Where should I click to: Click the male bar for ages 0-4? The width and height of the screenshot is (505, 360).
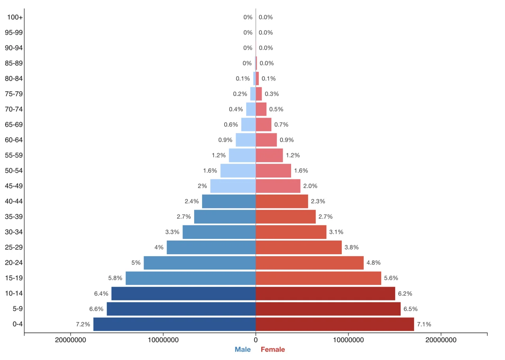(174, 324)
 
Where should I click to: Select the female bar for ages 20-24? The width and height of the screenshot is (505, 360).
(310, 263)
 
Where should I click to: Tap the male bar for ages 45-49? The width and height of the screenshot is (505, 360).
(233, 186)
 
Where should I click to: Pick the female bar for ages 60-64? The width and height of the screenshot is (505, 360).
(266, 140)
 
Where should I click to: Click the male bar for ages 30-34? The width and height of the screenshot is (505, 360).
(219, 232)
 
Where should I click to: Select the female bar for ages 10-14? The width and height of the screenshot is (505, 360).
(325, 294)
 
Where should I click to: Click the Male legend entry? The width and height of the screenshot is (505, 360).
(243, 349)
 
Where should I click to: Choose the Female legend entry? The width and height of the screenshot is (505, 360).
(273, 349)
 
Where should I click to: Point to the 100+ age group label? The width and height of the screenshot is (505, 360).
(15, 17)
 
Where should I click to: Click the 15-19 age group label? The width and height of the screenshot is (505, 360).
(14, 278)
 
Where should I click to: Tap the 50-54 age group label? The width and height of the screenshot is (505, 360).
(14, 171)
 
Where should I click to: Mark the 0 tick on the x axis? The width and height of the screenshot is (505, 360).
(256, 339)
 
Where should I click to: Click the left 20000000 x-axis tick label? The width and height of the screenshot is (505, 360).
(71, 339)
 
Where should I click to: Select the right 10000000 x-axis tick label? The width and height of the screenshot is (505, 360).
(348, 339)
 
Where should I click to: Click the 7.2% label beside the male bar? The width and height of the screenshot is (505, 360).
(83, 324)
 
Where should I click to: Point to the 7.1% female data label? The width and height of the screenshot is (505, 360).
(424, 324)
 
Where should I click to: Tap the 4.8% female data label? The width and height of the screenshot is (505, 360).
(374, 263)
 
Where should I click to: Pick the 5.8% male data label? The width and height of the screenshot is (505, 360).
(116, 278)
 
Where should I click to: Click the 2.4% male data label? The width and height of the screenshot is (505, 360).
(192, 201)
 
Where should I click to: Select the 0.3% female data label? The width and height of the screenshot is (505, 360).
(272, 94)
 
